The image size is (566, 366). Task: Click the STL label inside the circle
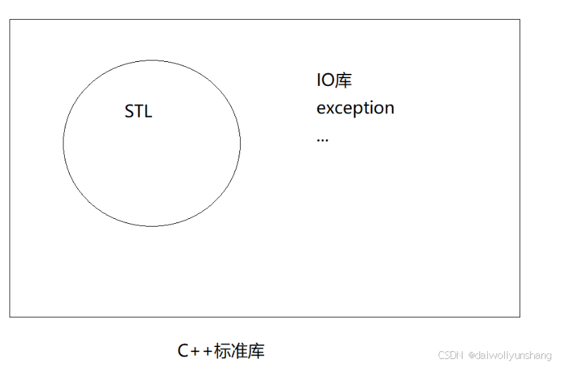(x=138, y=112)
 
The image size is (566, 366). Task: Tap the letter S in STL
(x=129, y=112)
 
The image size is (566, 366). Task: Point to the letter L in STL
(x=148, y=112)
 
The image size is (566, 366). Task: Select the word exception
(x=355, y=108)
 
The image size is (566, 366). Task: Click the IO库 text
(x=334, y=80)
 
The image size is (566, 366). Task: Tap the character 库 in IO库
(x=343, y=80)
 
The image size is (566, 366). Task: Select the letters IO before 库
(x=325, y=80)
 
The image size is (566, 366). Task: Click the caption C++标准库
(x=221, y=351)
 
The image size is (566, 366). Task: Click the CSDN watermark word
(x=448, y=355)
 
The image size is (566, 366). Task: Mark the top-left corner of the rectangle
(x=10, y=20)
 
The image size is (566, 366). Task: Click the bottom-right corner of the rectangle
(x=520, y=317)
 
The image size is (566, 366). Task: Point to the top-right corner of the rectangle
(x=520, y=20)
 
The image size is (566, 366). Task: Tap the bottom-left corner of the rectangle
(x=10, y=317)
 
